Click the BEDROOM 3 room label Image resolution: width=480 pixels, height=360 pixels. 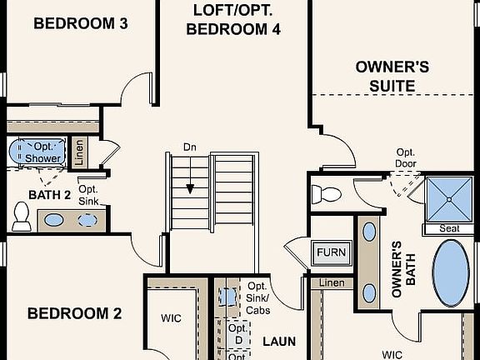coord(80,24)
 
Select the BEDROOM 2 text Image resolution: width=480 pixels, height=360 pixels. coord(74,313)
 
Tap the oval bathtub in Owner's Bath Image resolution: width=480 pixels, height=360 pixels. coord(452,274)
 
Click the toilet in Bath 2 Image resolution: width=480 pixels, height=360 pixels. coord(21,215)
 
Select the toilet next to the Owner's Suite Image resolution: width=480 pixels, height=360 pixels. coord(327,195)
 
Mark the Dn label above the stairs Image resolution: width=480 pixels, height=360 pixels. coord(190,147)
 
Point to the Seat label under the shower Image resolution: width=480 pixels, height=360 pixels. coord(448,228)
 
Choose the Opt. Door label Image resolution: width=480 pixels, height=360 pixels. coord(406,157)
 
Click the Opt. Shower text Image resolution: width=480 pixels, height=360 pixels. coord(41,152)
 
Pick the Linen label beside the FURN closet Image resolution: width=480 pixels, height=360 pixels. coord(332,284)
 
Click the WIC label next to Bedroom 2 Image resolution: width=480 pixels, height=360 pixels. coord(171,317)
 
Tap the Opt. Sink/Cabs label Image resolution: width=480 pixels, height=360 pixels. coord(257,298)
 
